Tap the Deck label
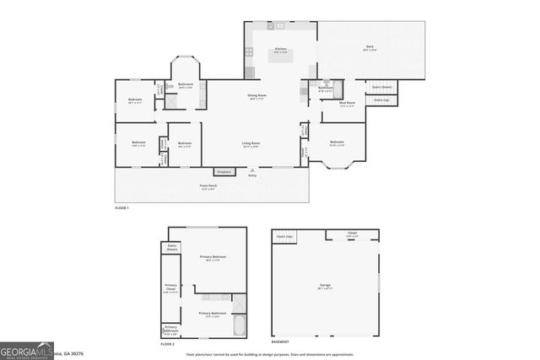pos(370,46)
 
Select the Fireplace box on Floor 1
pos(224,172)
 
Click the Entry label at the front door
pos(251,175)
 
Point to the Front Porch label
pos(208,185)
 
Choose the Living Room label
pos(251,143)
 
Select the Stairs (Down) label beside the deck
pos(382,87)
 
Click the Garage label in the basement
pos(325,286)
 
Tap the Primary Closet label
pos(171,288)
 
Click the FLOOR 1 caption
pos(121,207)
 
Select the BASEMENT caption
pos(280,342)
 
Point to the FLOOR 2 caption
pos(167,344)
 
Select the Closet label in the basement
pos(352,234)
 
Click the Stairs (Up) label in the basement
pos(284,237)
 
